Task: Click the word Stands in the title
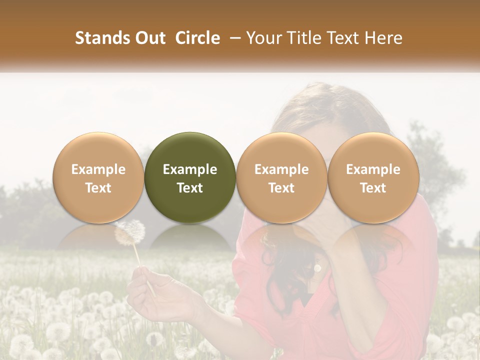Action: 98,38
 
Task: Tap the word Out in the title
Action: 148,38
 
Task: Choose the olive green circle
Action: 189,177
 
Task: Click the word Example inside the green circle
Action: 189,169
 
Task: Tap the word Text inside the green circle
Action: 189,188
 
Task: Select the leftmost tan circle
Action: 98,177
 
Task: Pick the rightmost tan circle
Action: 373,177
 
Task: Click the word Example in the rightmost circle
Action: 373,169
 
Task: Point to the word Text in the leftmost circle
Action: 98,188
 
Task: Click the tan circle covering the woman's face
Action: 281,177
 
